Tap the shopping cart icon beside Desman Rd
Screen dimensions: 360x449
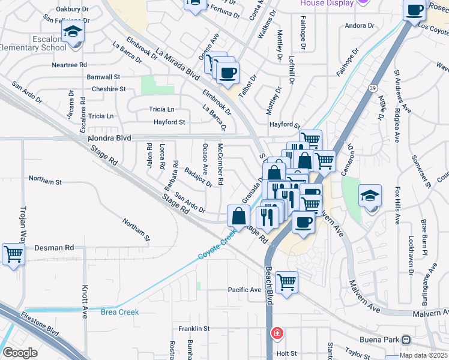pos(13,253)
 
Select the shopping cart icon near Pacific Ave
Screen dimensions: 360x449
pos(286,281)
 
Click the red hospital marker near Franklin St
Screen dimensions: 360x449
pos(277,332)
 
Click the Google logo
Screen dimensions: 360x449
pos(20,353)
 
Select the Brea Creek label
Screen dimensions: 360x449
pos(119,312)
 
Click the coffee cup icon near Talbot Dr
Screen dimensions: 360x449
pos(228,73)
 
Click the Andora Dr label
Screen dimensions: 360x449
pos(360,26)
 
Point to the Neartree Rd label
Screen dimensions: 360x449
pos(70,65)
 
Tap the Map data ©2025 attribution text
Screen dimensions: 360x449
pos(423,355)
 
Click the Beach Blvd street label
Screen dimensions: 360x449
pos(270,282)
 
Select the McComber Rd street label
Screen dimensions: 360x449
pos(220,164)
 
